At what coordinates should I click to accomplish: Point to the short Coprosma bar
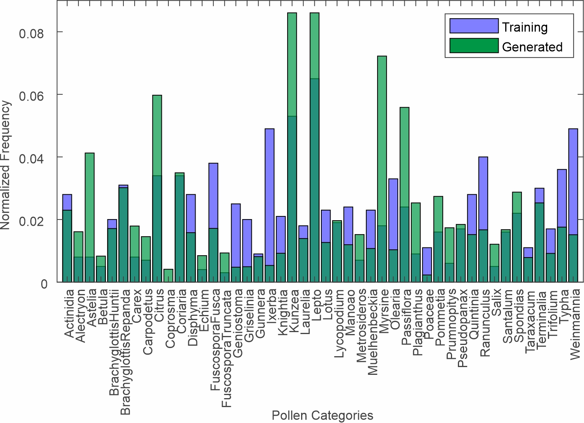pyautogui.click(x=168, y=275)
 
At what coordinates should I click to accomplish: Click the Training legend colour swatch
pyautogui.click(x=474, y=26)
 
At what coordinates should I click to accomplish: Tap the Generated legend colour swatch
pyautogui.click(x=474, y=46)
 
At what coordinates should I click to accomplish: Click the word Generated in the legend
pyautogui.click(x=532, y=47)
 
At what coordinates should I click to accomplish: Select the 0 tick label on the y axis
pyautogui.click(x=44, y=284)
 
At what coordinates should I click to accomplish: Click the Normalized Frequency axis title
pyautogui.click(x=5, y=165)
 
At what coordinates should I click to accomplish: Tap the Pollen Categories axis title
pyautogui.click(x=322, y=415)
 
